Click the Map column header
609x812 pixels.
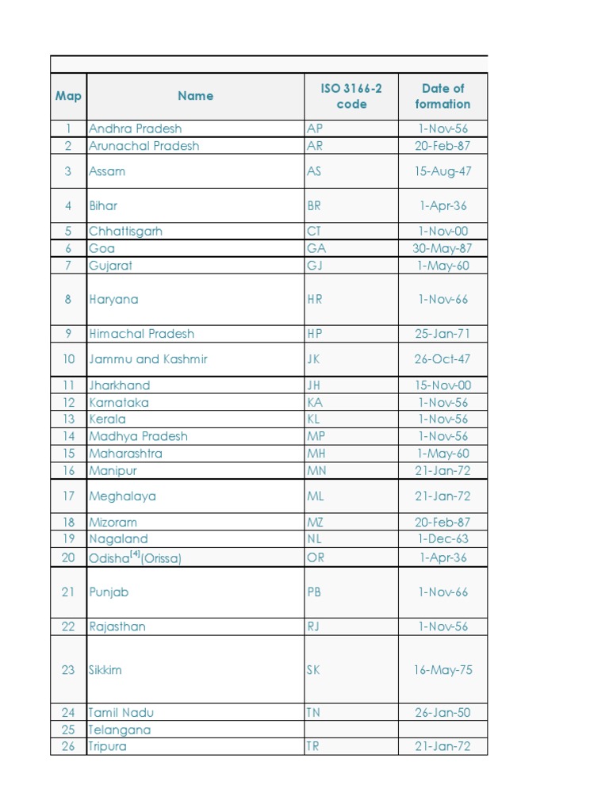68,96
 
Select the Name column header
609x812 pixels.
195,96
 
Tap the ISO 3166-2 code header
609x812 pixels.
351,96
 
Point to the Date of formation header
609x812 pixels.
442,96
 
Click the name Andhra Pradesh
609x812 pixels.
136,128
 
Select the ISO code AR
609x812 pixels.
315,146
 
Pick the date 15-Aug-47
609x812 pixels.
442,171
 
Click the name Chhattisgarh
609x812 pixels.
126,232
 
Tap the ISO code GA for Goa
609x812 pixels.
316,248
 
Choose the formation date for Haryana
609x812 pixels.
442,299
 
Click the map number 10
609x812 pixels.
68,359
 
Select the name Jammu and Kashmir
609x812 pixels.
148,359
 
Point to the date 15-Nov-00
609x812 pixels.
442,385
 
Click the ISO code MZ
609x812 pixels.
316,523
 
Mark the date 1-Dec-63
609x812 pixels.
442,539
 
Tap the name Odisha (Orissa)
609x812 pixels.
136,557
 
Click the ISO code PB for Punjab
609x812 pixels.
315,592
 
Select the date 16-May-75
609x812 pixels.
442,670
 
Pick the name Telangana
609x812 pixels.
120,730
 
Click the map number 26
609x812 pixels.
68,746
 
